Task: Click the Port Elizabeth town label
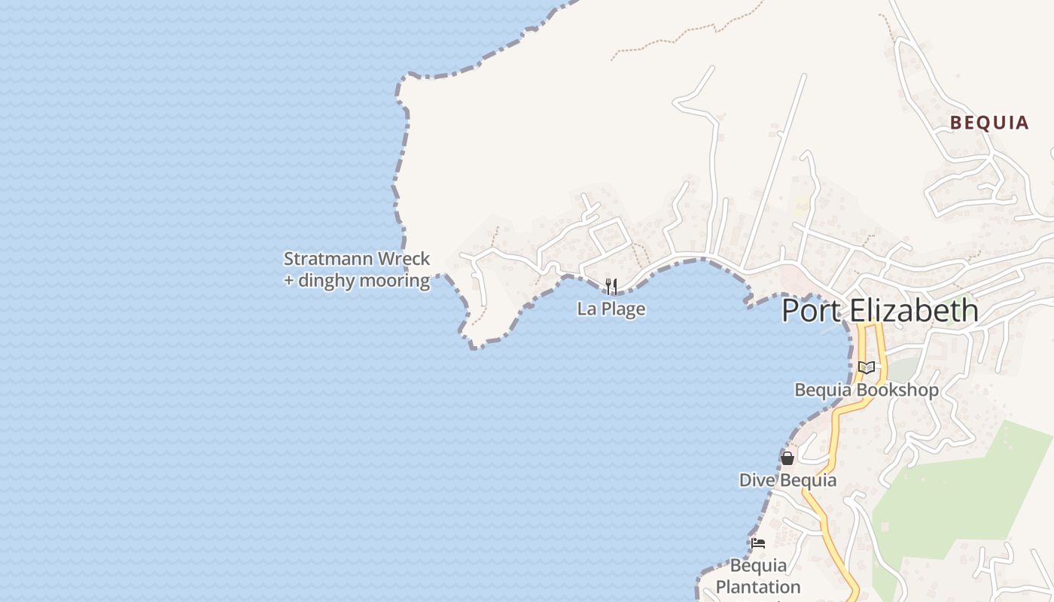880,311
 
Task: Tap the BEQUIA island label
989,123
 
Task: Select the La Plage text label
611,309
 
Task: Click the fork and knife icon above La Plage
611,286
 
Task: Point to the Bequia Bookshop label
867,390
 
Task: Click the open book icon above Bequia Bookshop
867,367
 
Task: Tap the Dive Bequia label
787,480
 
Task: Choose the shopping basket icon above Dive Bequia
787,458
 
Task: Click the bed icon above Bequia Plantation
758,543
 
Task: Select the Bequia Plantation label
758,576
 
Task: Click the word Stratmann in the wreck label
328,259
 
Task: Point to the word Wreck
404,259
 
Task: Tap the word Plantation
758,587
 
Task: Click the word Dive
757,480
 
